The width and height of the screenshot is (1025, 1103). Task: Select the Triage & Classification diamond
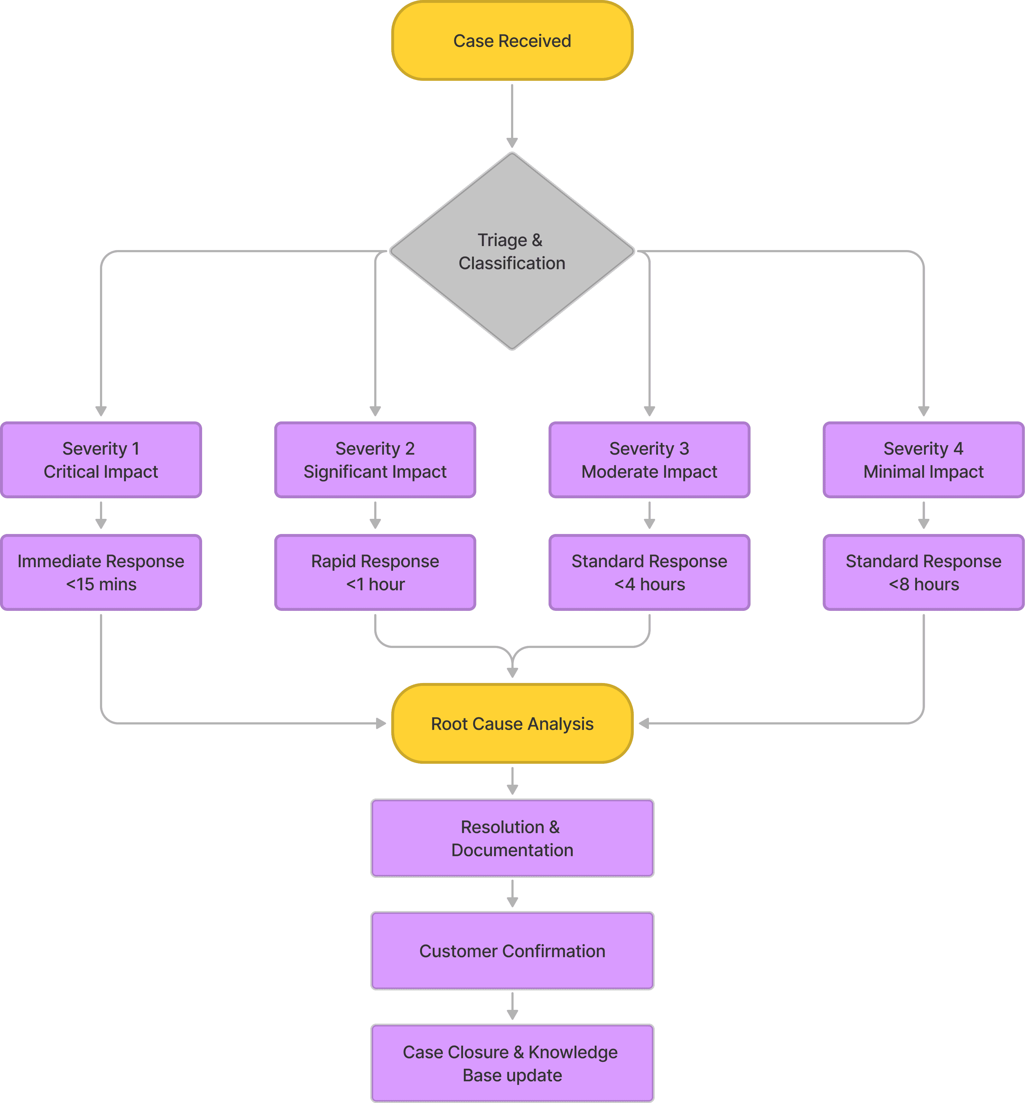pyautogui.click(x=512, y=251)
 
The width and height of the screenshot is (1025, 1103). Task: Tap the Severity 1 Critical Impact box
pyautogui.click(x=101, y=460)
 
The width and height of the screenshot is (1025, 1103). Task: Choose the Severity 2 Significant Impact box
pyautogui.click(x=375, y=460)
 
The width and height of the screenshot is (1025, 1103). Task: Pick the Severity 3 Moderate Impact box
pyautogui.click(x=649, y=460)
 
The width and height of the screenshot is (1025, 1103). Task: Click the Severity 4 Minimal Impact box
pyautogui.click(x=924, y=460)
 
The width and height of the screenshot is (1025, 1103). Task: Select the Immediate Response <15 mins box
pyautogui.click(x=101, y=572)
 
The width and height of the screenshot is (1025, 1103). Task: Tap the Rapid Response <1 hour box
pyautogui.click(x=375, y=572)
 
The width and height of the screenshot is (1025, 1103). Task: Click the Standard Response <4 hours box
pyautogui.click(x=649, y=572)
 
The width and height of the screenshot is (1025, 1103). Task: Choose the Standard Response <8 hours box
pyautogui.click(x=924, y=572)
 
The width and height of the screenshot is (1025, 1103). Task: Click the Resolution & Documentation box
pyautogui.click(x=512, y=838)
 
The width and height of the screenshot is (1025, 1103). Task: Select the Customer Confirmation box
pyautogui.click(x=512, y=950)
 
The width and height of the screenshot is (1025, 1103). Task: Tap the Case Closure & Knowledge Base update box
pyautogui.click(x=512, y=1063)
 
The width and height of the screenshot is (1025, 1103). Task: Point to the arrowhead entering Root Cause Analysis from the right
pyautogui.click(x=644, y=723)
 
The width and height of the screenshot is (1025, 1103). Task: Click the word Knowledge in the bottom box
pyautogui.click(x=572, y=1052)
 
